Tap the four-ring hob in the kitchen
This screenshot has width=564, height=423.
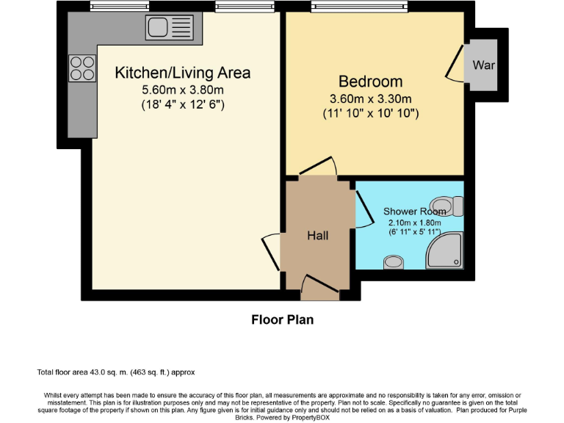coord(82,68)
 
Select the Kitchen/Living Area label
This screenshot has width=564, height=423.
coord(183,73)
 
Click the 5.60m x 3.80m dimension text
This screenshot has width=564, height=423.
coord(183,90)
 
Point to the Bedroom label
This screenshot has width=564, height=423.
coord(370,82)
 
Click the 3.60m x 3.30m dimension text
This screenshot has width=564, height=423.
coord(370,99)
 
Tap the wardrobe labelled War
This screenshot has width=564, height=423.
coord(483,65)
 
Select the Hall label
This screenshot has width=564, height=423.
coord(317,236)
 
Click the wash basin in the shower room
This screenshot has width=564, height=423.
coord(394,261)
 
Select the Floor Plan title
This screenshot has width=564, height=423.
coord(282,319)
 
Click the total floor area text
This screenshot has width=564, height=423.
coord(115,372)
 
